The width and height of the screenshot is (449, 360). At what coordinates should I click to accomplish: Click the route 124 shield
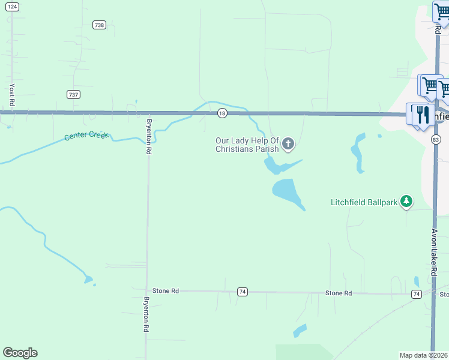tap(13, 7)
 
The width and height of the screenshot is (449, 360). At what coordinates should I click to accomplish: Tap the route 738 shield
tap(100, 25)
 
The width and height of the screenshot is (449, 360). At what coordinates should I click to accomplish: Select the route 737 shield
tap(73, 94)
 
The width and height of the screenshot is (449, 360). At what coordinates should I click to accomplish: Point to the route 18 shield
tap(222, 113)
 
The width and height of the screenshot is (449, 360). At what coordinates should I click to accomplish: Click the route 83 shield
tap(436, 139)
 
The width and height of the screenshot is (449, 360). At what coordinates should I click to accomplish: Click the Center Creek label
tap(86, 136)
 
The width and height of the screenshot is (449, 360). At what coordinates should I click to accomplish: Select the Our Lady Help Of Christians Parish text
tap(247, 145)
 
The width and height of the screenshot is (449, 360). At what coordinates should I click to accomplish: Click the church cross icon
tap(289, 143)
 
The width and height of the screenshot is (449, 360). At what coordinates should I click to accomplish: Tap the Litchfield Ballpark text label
tap(364, 203)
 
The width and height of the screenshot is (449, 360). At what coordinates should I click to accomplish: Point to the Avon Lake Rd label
tap(435, 251)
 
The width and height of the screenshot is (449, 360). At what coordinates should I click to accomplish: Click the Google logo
tap(20, 353)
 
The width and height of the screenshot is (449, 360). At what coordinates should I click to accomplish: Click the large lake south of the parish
tap(287, 191)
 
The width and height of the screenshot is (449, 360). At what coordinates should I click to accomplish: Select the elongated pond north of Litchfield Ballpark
tap(358, 153)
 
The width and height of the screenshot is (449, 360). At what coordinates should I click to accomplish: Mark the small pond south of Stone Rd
tap(300, 331)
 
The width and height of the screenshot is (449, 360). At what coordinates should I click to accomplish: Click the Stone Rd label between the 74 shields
tap(338, 293)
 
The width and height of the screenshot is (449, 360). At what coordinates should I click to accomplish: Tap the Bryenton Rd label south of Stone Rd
tap(146, 314)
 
